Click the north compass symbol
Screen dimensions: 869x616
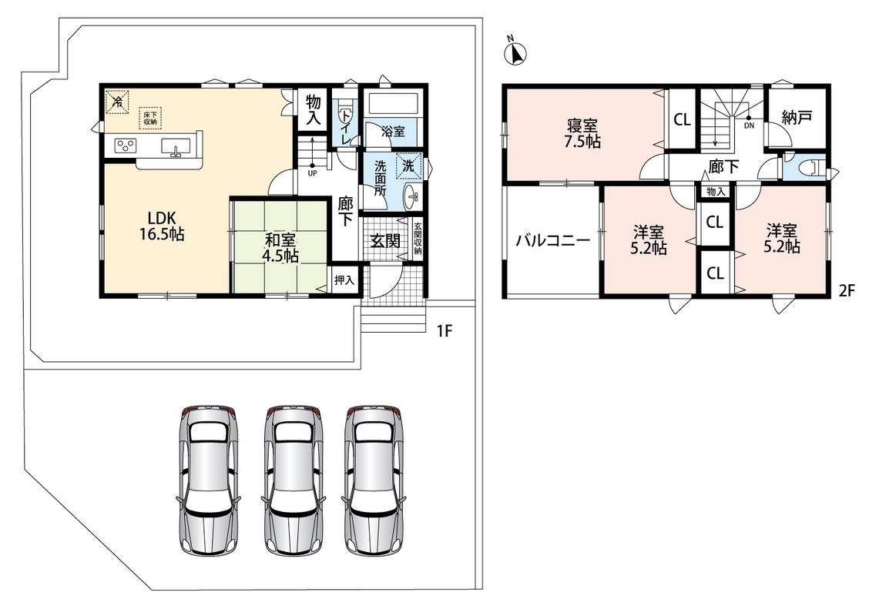(515, 53)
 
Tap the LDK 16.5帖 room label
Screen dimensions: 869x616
(162, 226)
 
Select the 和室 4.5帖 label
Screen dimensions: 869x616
(280, 248)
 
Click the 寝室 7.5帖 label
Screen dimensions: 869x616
(582, 133)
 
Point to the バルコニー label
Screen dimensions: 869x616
(553, 241)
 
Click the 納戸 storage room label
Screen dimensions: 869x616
(797, 117)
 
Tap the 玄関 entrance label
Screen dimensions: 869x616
(385, 241)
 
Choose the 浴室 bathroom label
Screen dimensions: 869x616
(393, 132)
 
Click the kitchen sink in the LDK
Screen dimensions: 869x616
(176, 146)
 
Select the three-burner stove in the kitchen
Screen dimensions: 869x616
(126, 146)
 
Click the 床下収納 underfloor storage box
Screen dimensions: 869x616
(150, 118)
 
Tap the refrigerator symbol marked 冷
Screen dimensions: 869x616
(118, 102)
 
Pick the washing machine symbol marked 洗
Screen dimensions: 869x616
(409, 166)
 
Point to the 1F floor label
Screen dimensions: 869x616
(445, 331)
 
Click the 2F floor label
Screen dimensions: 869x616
(847, 291)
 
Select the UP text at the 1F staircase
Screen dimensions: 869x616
(312, 172)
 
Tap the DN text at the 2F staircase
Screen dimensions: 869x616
(749, 126)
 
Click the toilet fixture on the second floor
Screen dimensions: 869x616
(813, 168)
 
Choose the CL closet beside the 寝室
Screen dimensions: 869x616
(683, 119)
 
